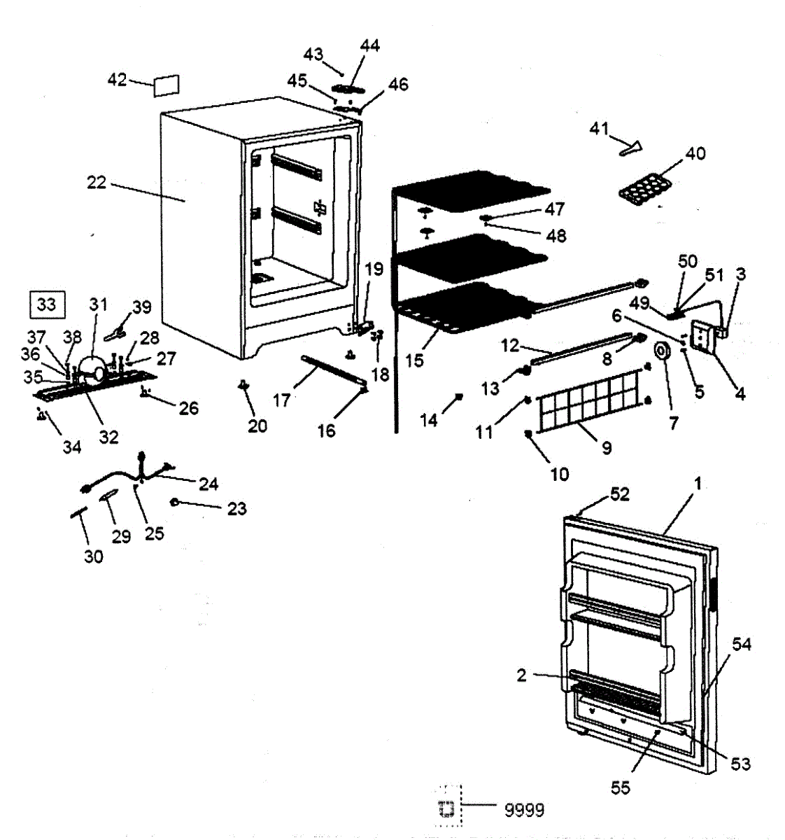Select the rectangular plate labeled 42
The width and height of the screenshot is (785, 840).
[x=166, y=85]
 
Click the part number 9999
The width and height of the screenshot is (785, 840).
[x=524, y=810]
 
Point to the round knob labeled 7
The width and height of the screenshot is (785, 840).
[x=660, y=349]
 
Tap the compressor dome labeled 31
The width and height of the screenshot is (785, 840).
[x=93, y=368]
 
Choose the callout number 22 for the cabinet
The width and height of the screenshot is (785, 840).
[x=97, y=183]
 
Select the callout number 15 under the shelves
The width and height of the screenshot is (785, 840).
[x=414, y=360]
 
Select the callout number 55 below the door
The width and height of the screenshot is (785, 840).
[x=621, y=787]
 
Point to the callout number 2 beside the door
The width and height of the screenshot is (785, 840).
[x=522, y=675]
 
